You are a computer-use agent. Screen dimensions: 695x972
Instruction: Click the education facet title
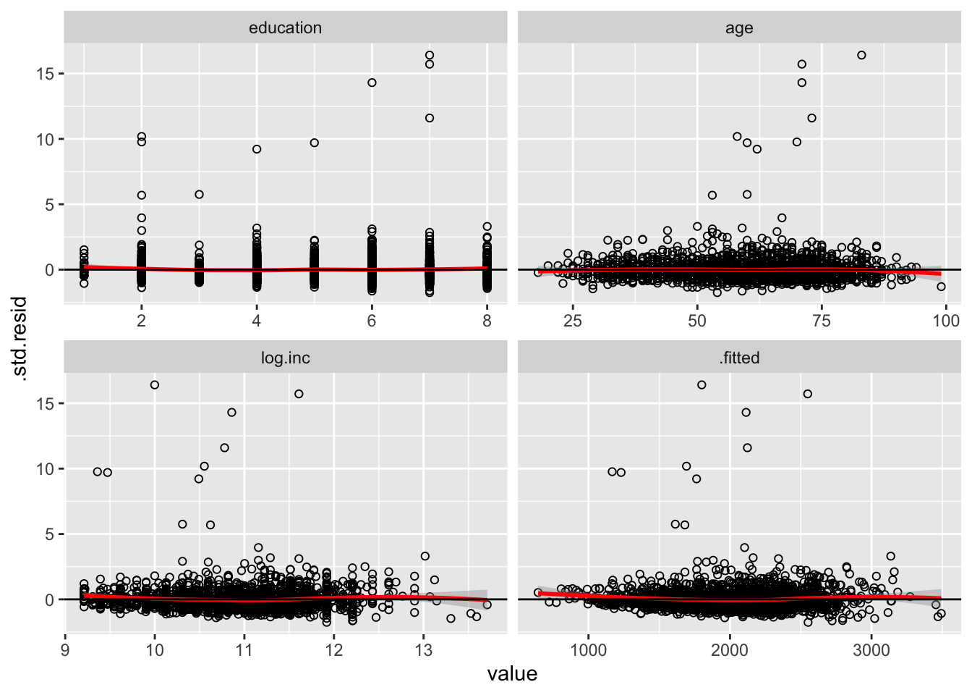285,28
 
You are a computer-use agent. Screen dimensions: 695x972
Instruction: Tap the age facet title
739,28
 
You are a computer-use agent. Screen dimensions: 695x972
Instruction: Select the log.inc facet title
285,358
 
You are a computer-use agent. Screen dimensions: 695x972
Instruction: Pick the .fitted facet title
739,358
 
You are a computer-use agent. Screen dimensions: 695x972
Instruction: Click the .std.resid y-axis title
21,339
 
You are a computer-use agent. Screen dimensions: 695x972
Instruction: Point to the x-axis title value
512,674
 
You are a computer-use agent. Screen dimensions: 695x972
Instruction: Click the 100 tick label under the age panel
946,321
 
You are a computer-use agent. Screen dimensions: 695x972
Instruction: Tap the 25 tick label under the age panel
573,321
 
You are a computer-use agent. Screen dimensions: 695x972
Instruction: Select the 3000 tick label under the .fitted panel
871,650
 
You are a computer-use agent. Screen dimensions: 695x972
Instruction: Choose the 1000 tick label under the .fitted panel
588,650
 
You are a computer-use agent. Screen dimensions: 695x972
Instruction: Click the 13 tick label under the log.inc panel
423,650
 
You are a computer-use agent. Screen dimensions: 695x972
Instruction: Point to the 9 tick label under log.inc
66,650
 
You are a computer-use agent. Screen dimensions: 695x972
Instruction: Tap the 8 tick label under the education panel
487,321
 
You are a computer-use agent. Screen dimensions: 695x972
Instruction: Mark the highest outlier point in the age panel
861,55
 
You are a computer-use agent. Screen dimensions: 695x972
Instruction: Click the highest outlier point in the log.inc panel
155,385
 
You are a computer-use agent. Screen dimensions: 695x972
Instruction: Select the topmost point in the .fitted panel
702,385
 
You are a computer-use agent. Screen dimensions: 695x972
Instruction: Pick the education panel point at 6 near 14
372,83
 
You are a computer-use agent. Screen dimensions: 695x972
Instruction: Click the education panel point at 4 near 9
257,149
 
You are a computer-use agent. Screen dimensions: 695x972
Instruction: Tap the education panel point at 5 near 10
315,143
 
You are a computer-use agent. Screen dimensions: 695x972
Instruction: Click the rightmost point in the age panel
941,287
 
